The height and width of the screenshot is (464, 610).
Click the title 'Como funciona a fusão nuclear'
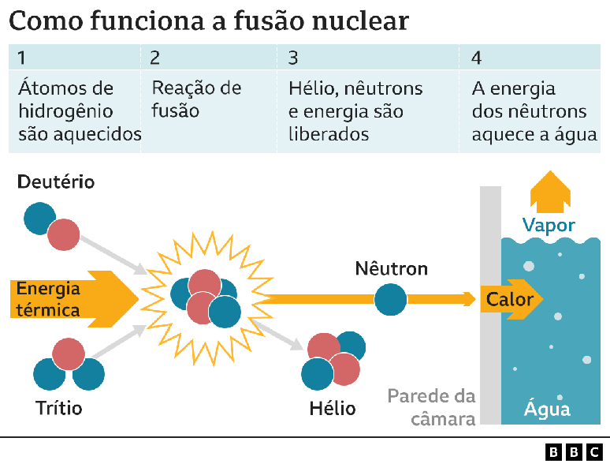[x=209, y=21]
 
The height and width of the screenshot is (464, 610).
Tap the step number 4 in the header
[x=476, y=58]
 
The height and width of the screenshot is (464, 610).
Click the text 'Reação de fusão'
[x=196, y=99]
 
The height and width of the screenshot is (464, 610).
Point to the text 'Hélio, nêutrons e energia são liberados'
[x=355, y=110]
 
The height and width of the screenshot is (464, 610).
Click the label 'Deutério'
[x=55, y=182]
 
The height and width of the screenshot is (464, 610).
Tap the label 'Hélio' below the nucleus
[x=333, y=408]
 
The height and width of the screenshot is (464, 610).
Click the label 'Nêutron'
[x=391, y=269]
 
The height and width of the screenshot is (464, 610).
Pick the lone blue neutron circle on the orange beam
[x=390, y=300]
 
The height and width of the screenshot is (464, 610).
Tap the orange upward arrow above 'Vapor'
[x=549, y=192]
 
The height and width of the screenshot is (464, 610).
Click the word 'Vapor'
[x=549, y=226]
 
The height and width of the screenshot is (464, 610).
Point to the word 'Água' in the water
[x=547, y=410]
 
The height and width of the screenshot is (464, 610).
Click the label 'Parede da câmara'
[x=431, y=406]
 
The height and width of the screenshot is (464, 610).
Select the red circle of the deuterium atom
[x=64, y=235]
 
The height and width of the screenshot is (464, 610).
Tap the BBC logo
[x=575, y=451]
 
